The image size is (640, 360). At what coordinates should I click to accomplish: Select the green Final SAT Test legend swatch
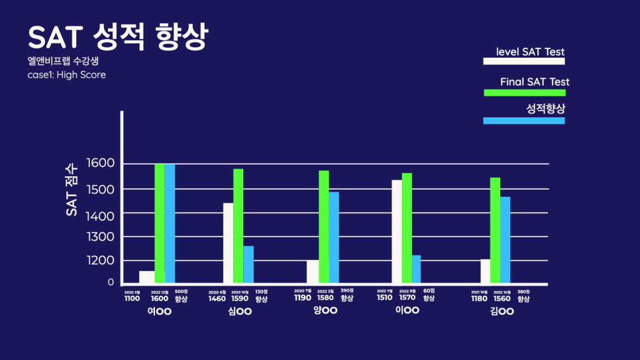[x=524, y=92]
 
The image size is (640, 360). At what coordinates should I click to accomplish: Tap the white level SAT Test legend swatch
[x=523, y=61]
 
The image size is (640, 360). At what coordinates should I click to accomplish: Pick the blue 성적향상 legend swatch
[x=524, y=121]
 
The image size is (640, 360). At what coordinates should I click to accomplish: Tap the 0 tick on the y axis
[x=111, y=282]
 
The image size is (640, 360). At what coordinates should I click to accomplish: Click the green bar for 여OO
[x=160, y=223]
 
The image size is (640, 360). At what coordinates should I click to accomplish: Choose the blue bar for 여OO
[x=170, y=223]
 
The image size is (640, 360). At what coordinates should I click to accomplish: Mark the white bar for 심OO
[x=228, y=243]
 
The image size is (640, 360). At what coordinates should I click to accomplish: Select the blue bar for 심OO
[x=248, y=265]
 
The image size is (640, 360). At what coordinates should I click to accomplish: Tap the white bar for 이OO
[x=397, y=232]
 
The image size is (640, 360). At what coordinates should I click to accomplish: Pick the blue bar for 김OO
[x=506, y=241]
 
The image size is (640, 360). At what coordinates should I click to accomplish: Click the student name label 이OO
[x=408, y=310]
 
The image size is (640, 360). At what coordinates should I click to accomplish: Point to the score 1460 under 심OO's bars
[x=217, y=298]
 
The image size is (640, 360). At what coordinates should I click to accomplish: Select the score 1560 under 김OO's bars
[x=502, y=298]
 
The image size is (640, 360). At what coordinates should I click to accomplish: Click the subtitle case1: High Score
[x=66, y=75]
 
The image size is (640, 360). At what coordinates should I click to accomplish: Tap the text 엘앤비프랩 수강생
[x=63, y=62]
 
